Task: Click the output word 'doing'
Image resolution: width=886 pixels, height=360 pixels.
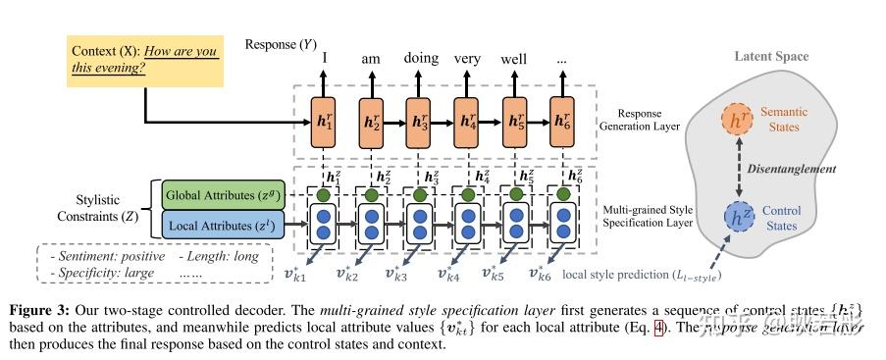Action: click(420, 58)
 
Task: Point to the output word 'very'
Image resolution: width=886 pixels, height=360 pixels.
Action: click(467, 59)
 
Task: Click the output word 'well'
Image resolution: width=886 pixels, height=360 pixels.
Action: click(514, 59)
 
